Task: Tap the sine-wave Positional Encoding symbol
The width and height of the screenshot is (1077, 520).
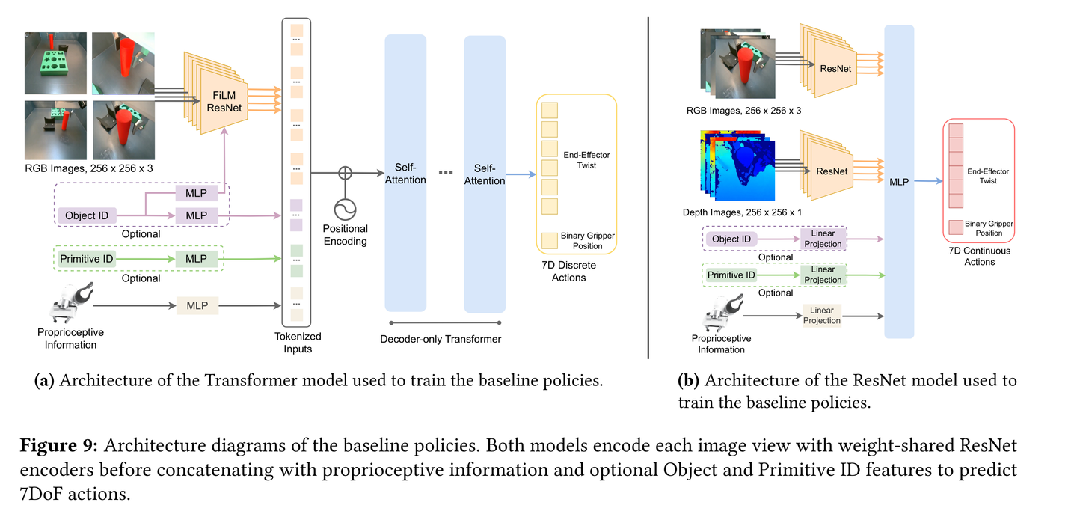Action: (345, 207)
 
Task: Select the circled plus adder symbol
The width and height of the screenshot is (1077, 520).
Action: (345, 173)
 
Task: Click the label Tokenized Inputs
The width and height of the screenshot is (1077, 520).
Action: (292, 343)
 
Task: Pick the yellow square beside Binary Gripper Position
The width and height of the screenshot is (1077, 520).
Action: (550, 240)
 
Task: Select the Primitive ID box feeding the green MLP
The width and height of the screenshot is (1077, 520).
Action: (86, 258)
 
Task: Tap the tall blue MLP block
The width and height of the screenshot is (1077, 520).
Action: (899, 181)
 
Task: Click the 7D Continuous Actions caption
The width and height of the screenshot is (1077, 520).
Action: (979, 256)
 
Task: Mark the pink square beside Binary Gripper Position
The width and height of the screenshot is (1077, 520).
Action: (954, 227)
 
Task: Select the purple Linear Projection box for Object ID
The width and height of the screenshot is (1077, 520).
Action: (823, 239)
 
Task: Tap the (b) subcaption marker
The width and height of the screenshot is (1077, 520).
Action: (688, 380)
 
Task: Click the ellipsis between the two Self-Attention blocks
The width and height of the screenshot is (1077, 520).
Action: (445, 173)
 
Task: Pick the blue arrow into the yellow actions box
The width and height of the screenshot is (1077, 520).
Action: (521, 176)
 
